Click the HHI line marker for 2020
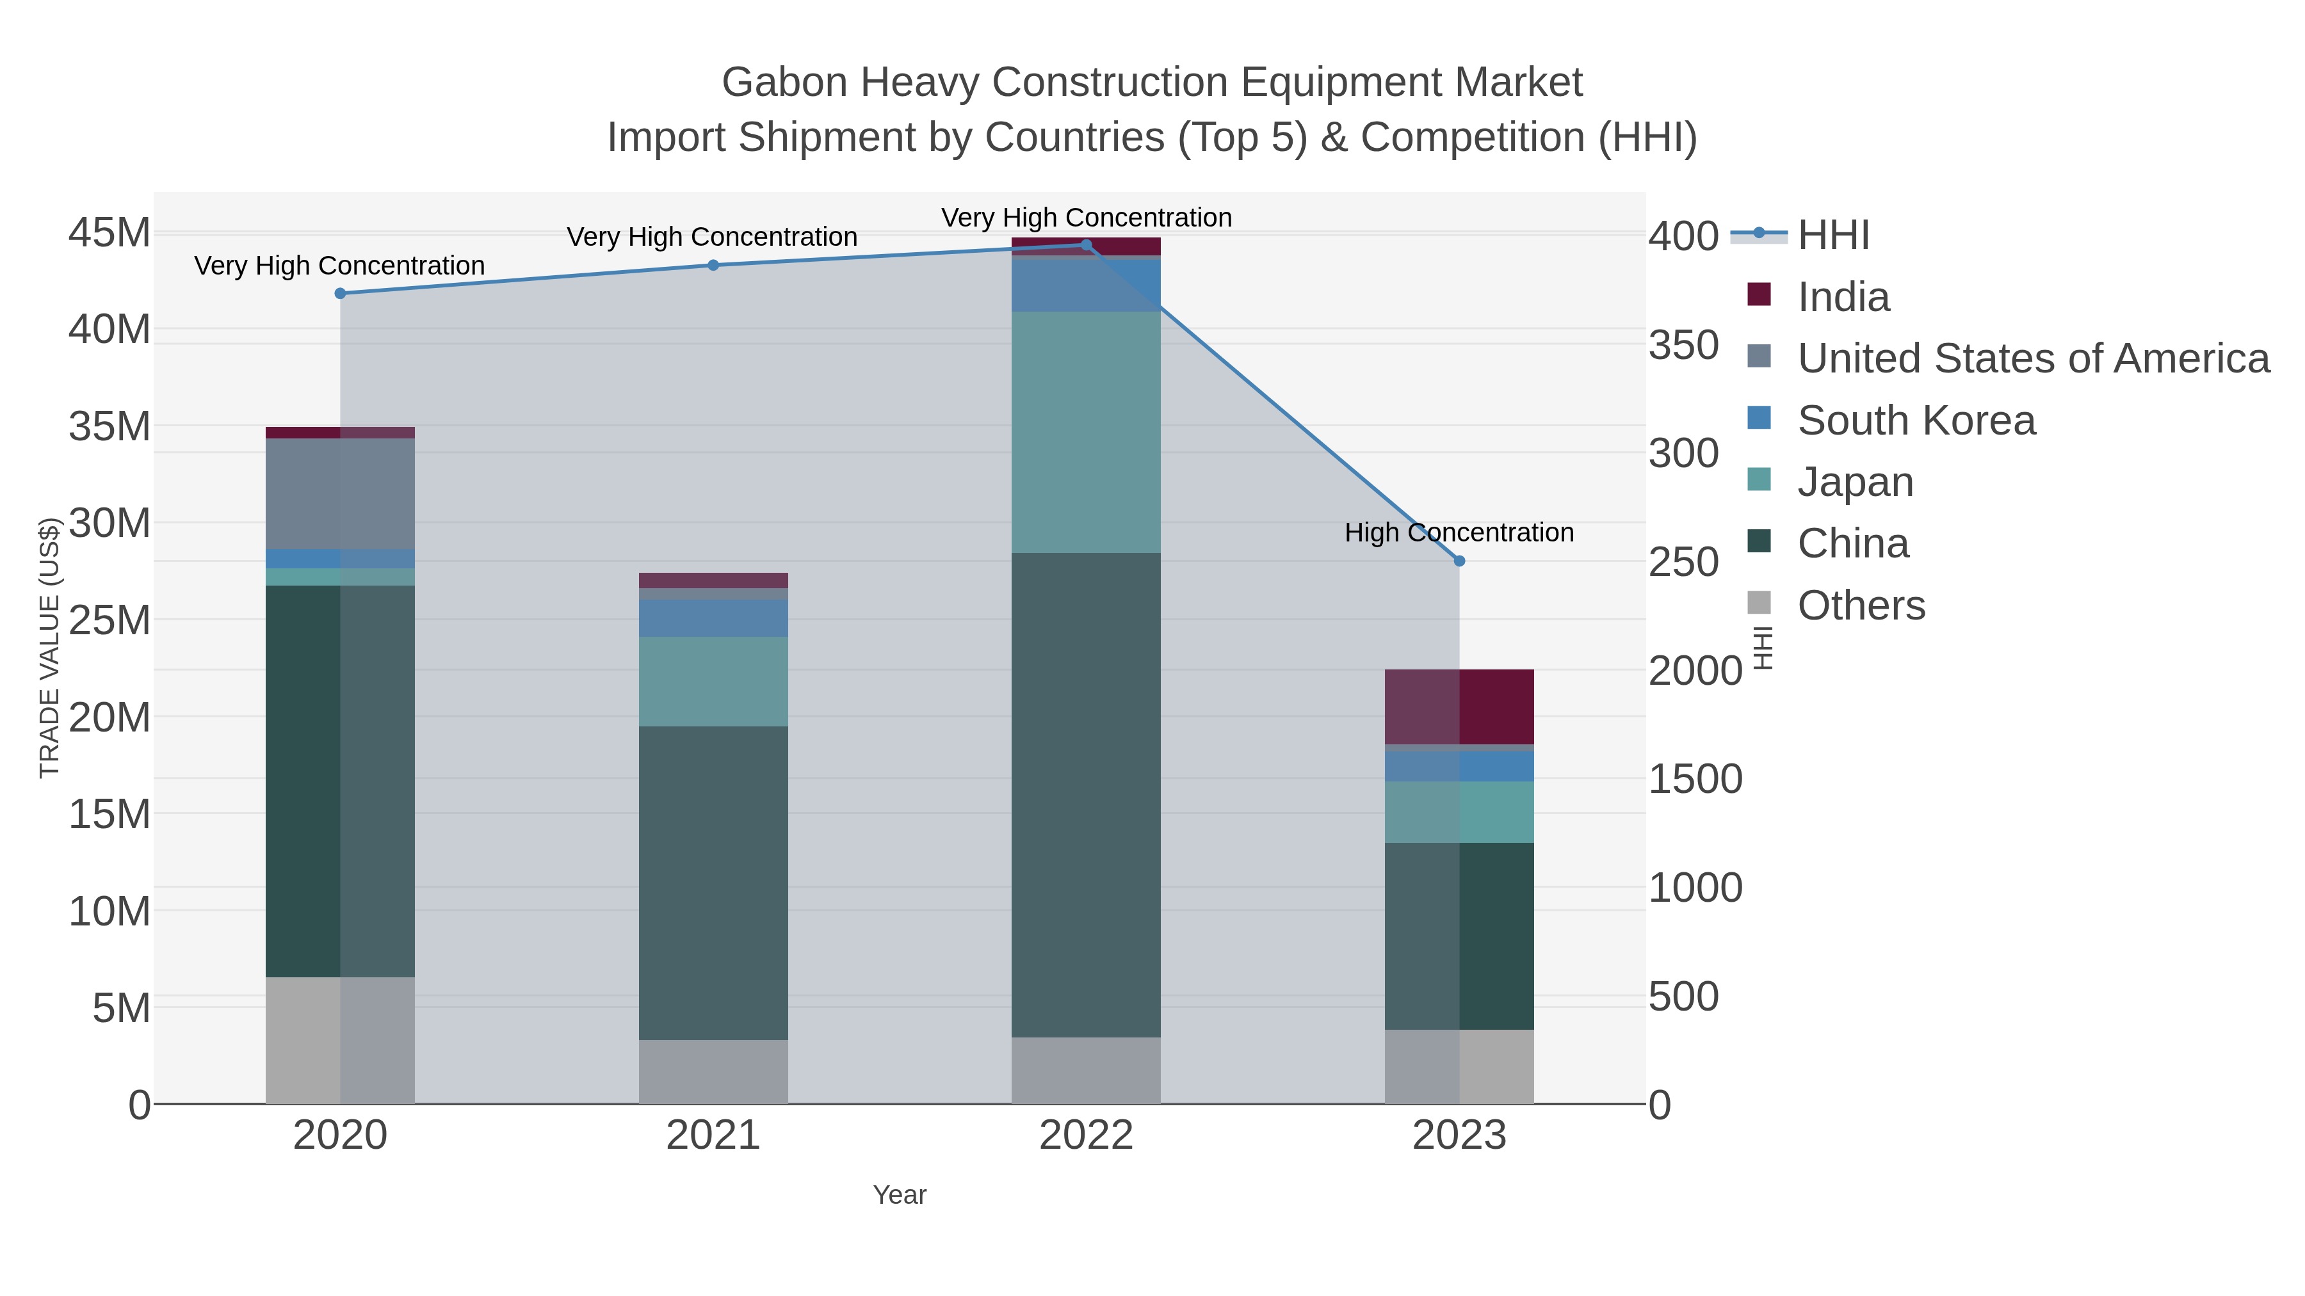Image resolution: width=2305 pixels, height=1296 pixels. click(340, 293)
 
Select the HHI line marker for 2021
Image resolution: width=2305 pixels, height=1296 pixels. click(713, 266)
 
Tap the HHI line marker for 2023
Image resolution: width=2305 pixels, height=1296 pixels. click(1459, 561)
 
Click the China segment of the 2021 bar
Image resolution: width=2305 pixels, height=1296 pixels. click(713, 882)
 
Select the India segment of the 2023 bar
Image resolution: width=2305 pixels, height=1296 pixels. click(1459, 707)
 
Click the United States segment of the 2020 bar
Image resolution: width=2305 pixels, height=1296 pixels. click(340, 493)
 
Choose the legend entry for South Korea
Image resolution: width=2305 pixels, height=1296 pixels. click(1915, 420)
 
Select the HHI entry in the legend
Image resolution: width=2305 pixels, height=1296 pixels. click(1832, 236)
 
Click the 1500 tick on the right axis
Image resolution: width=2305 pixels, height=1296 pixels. click(1695, 779)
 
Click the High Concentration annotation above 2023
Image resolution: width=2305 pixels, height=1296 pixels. click(1459, 532)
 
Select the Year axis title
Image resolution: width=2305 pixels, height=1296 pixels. click(900, 1195)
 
